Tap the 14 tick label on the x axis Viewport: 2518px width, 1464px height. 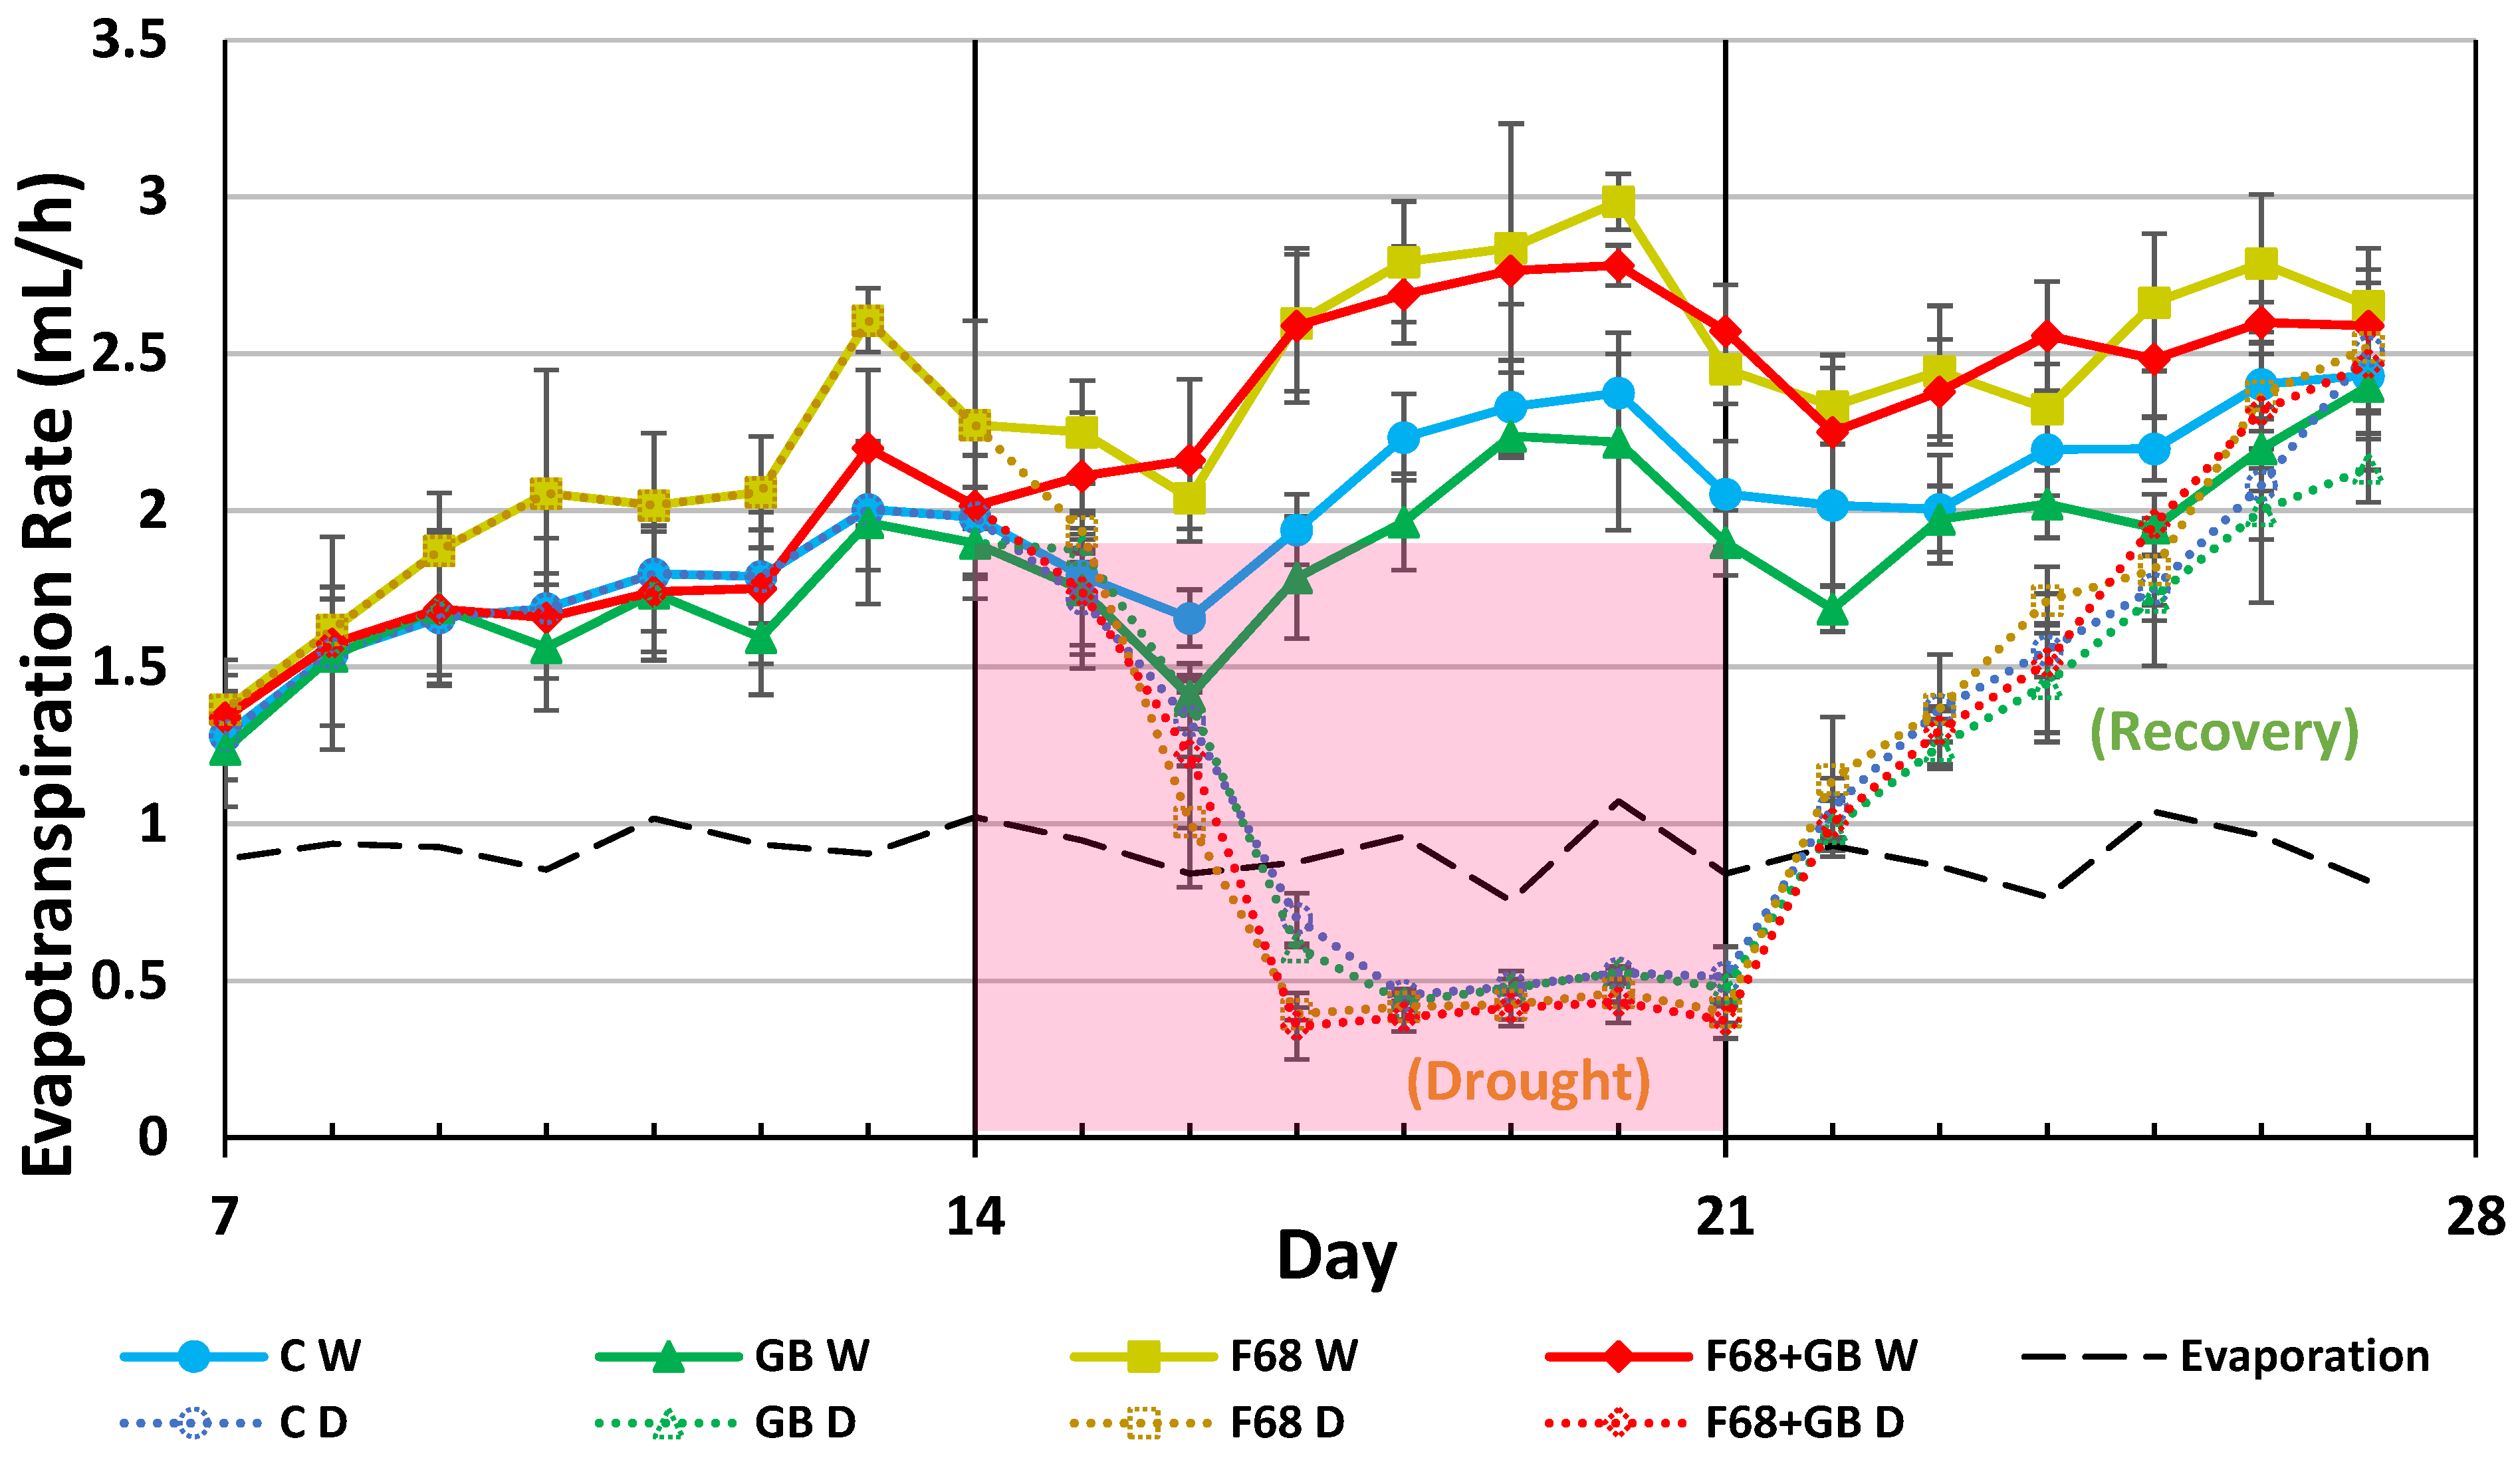click(x=974, y=1217)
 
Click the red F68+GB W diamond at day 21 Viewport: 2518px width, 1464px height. click(x=1726, y=331)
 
